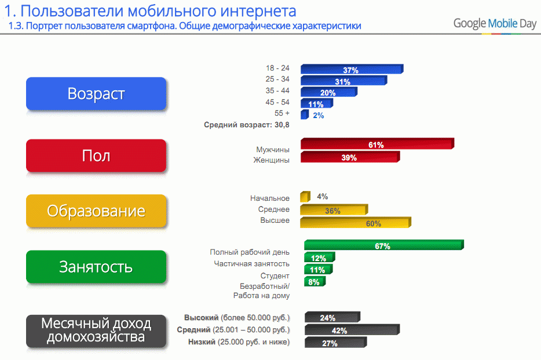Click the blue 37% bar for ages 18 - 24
pos(352,69)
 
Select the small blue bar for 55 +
pos(305,115)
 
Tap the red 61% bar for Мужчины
pos(378,144)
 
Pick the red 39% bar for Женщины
pos(350,157)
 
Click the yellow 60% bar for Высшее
pos(356,222)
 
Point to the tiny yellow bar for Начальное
pos(305,197)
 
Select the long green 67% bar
pos(384,245)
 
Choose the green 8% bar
pos(315,281)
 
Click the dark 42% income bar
pos(352,329)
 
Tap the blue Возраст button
pos(96,93)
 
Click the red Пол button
pos(96,156)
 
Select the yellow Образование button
pos(96,211)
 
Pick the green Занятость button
pos(96,267)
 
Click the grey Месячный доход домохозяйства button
pos(96,331)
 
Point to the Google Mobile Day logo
pos(495,24)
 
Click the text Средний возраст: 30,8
pos(247,125)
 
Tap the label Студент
pos(275,276)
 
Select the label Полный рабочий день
pos(250,252)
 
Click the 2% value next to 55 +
pos(319,116)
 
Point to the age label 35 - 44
pos(277,91)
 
